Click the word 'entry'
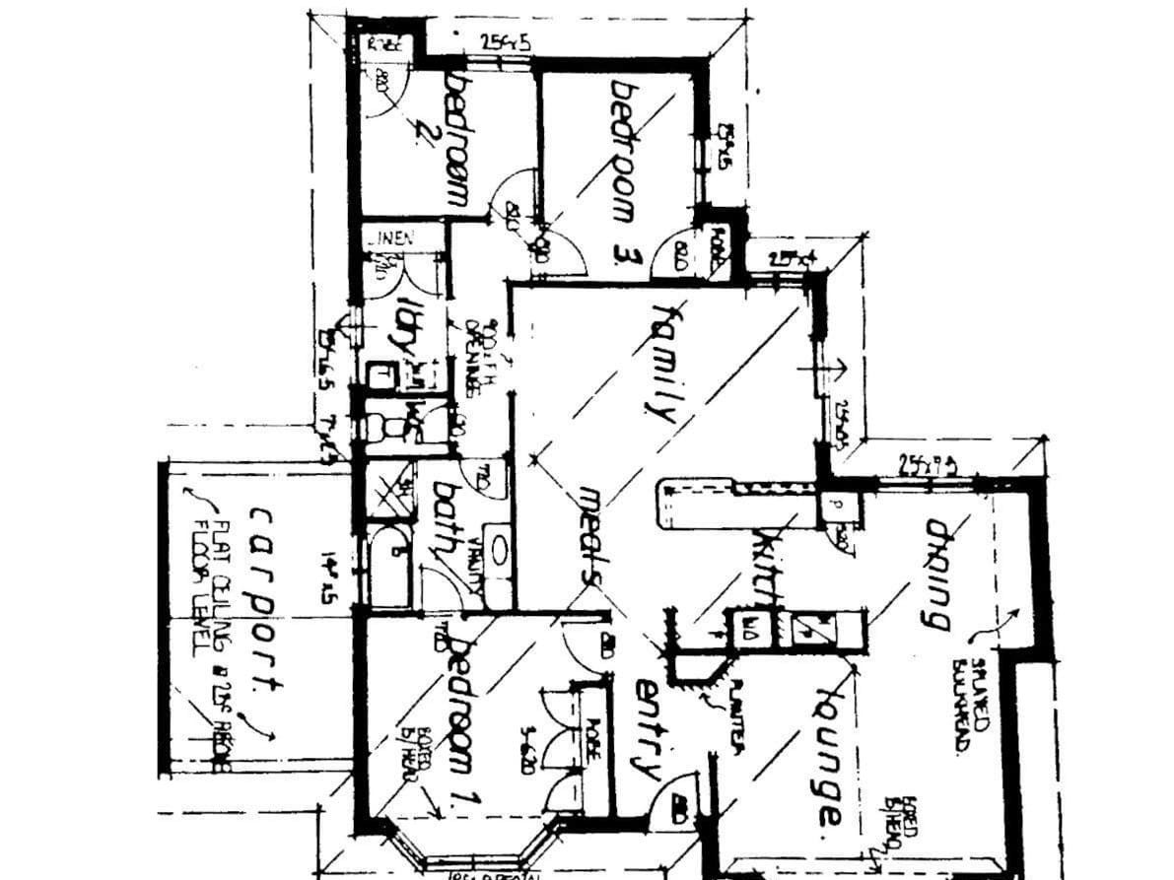pos(647,729)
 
